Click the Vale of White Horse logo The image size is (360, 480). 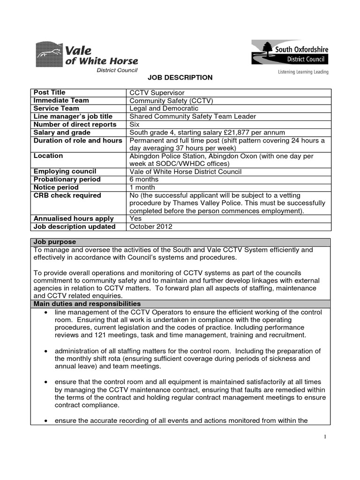tap(87, 56)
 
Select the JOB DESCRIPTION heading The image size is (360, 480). tap(180, 77)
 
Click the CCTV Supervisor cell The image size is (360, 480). tap(157, 93)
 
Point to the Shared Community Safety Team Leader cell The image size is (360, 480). tap(193, 116)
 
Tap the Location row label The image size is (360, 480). tap(48, 156)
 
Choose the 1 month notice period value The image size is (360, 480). tap(142, 187)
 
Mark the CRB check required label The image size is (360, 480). tap(67, 195)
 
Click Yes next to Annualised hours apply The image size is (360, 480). tap(135, 219)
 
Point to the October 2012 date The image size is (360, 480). tap(151, 227)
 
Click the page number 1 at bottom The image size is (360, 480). tap(324, 436)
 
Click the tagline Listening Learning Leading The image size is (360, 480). tap(300, 72)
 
